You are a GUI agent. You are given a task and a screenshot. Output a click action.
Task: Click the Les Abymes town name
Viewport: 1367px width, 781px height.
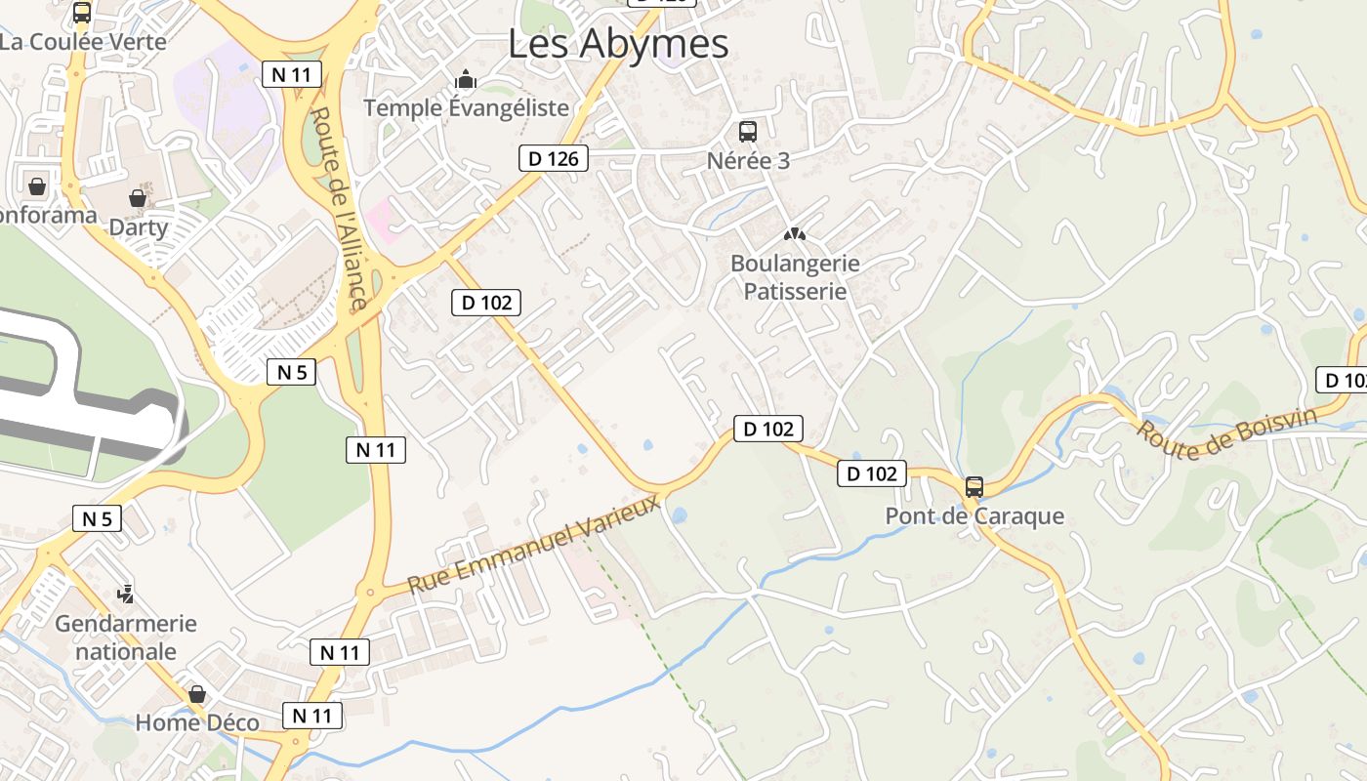point(618,44)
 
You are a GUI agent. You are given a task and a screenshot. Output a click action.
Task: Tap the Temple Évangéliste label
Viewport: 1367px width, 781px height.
point(466,107)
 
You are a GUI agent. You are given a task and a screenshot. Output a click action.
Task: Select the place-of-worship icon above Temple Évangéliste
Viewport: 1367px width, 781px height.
point(466,79)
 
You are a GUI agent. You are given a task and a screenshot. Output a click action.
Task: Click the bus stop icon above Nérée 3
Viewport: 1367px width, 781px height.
point(748,132)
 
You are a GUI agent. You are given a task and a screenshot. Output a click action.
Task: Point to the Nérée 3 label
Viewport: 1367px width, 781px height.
point(748,161)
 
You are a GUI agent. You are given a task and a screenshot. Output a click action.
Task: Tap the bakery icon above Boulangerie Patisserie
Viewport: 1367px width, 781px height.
point(795,234)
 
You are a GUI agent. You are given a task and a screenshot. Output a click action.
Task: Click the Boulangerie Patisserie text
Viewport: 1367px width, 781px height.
point(795,277)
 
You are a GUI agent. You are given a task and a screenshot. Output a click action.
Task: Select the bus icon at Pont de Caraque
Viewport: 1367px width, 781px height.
point(973,487)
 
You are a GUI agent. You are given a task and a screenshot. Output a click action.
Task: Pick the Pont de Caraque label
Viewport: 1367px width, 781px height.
point(973,516)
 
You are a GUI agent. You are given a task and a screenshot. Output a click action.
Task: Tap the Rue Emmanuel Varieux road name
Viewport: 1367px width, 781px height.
point(534,545)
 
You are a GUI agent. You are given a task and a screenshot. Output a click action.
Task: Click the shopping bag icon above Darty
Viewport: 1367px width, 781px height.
point(138,198)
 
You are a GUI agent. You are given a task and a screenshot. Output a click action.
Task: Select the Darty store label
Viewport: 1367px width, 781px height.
point(138,227)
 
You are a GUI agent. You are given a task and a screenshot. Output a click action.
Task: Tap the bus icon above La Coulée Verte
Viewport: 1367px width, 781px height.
point(82,13)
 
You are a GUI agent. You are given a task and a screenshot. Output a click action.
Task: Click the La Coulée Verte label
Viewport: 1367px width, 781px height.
point(83,42)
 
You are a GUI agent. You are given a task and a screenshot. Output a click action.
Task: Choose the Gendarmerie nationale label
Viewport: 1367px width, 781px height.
point(126,637)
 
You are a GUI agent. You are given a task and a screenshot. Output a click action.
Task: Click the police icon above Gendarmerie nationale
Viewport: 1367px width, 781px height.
point(125,594)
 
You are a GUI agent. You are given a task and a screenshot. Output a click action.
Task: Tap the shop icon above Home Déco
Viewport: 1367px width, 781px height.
point(197,694)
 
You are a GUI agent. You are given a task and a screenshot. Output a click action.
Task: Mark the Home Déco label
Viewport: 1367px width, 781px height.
point(197,723)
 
